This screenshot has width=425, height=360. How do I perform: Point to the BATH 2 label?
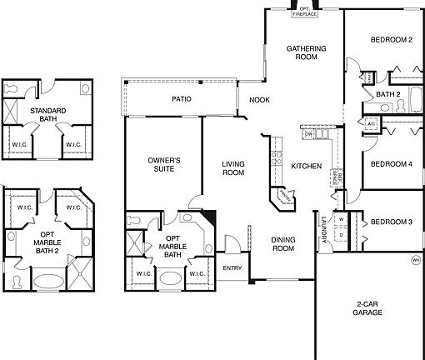coord(389,94)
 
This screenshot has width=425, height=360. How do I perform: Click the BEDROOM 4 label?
coord(392,163)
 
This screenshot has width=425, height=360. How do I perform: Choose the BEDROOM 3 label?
coord(392,222)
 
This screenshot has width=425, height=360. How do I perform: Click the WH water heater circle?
coord(415,261)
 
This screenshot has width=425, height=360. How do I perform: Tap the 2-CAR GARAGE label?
coord(367,308)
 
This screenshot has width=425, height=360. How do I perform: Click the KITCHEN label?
coord(306,167)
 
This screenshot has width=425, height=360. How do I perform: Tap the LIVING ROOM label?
coord(232,167)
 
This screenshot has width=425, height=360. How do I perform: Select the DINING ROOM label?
coord(283,244)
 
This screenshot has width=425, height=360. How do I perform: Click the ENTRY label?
coord(232,268)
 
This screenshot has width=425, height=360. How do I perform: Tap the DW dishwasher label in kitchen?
coord(307,134)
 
